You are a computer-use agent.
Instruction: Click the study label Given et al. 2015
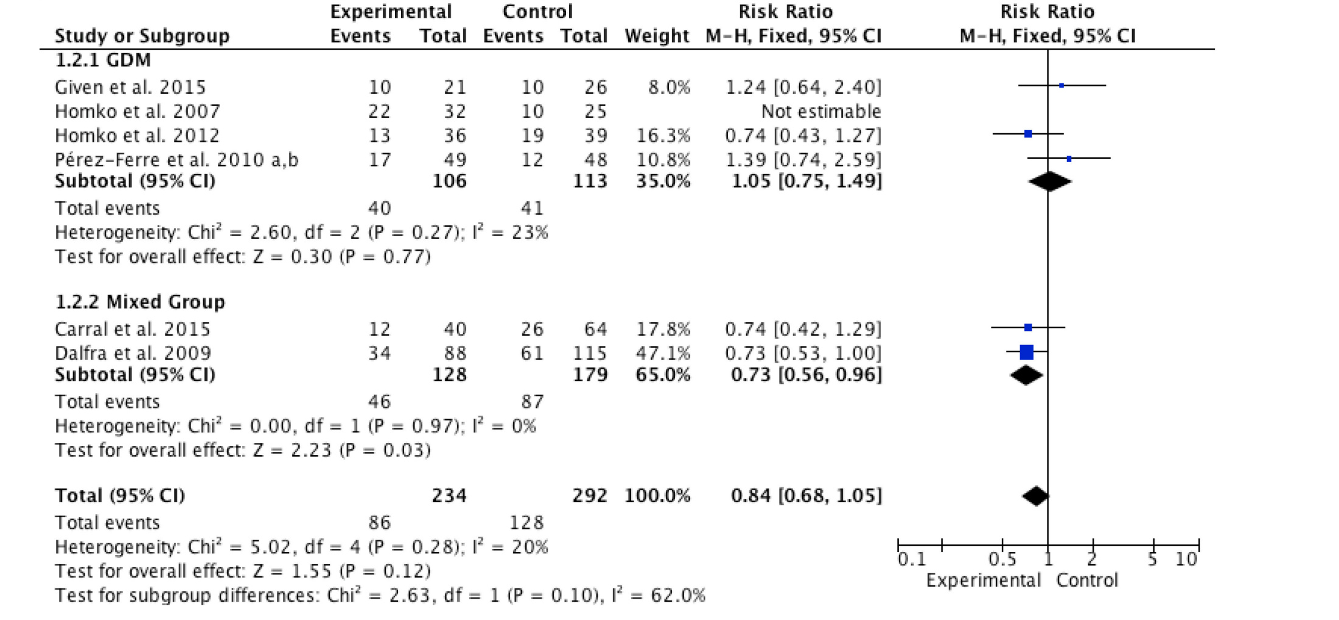(130, 87)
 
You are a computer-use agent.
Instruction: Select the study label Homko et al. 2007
(138, 111)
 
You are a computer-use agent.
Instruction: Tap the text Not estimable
(820, 111)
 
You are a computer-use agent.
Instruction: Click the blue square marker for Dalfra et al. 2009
(1027, 352)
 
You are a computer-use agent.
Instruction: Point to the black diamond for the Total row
(1035, 496)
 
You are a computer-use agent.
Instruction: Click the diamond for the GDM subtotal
(1050, 181)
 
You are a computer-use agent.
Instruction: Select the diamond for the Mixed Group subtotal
(1027, 375)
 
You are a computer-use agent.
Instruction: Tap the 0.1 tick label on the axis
(912, 559)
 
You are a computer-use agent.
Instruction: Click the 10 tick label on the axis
(1186, 559)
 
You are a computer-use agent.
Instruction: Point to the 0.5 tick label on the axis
(1002, 559)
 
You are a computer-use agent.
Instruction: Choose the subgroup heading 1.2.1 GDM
(103, 60)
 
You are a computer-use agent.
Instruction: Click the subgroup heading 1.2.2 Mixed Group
(140, 302)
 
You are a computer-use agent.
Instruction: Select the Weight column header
(657, 36)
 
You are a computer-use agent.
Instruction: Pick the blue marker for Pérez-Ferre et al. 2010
(1069, 159)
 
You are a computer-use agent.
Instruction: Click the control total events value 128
(527, 523)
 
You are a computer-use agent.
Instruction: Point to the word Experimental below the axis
(984, 580)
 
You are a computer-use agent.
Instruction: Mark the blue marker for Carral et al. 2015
(1028, 327)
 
